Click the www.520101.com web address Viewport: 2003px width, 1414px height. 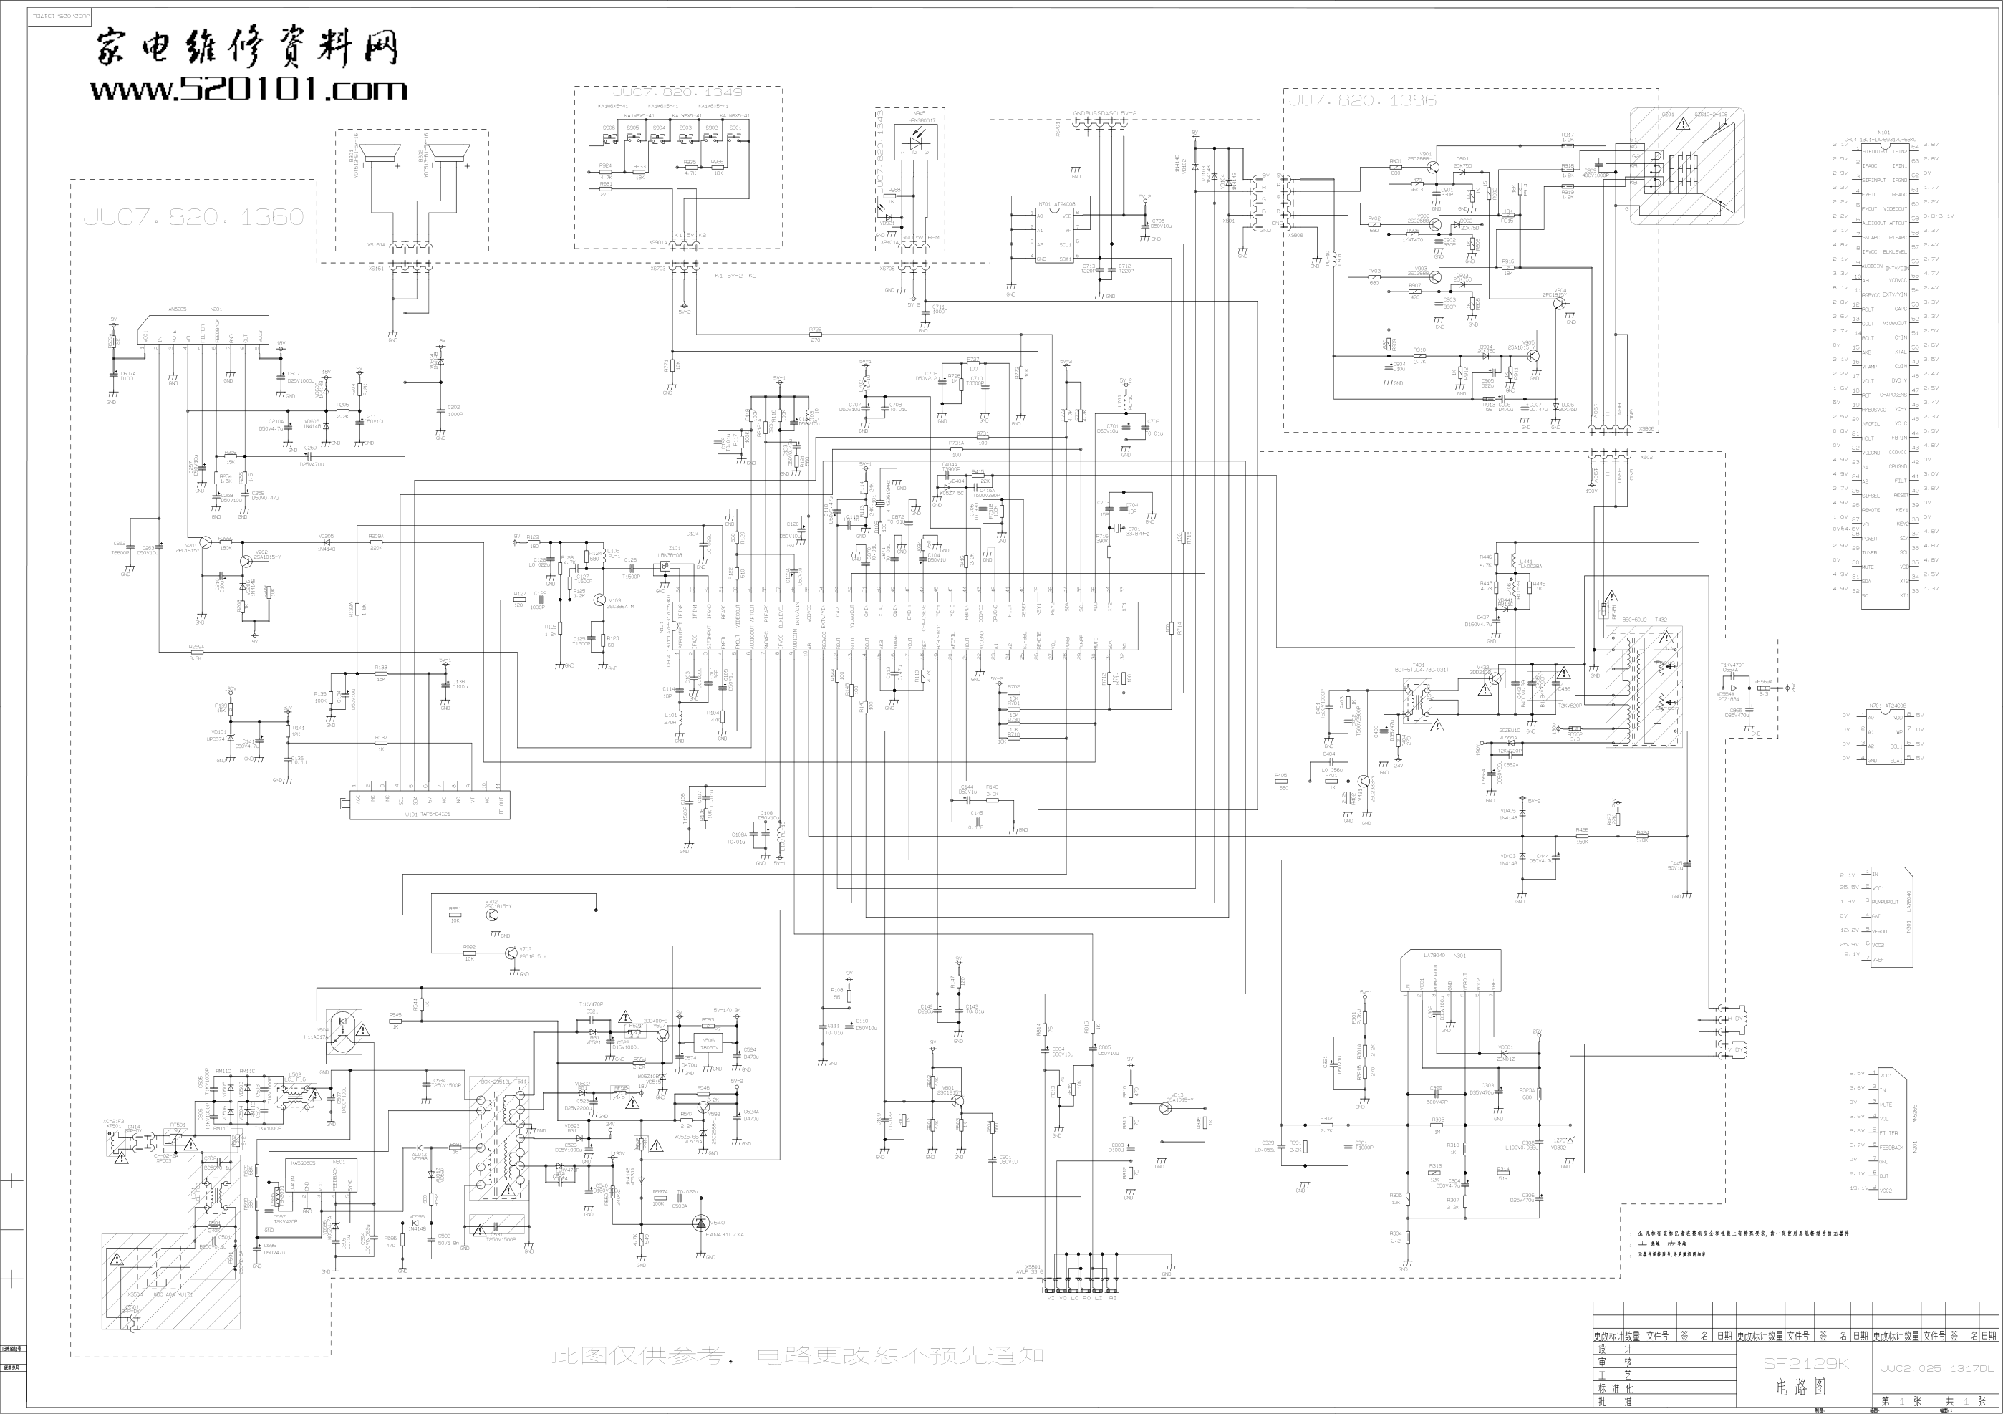pos(248,89)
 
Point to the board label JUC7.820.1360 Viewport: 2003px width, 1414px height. pos(193,217)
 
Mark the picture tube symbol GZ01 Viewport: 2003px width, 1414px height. pos(1686,166)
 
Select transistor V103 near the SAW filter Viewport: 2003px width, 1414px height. pos(599,600)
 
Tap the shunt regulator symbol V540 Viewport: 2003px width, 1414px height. pos(701,1223)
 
